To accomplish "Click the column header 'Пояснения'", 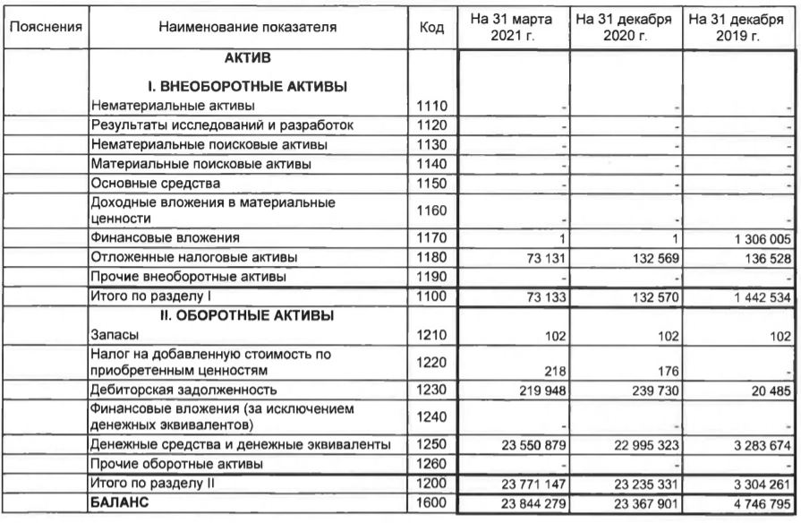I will [46, 28].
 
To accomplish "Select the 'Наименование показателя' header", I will [248, 28].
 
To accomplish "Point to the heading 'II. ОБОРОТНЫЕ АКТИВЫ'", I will [247, 315].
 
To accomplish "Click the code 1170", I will [432, 238].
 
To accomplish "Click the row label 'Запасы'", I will [113, 335].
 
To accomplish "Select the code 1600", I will [432, 502].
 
